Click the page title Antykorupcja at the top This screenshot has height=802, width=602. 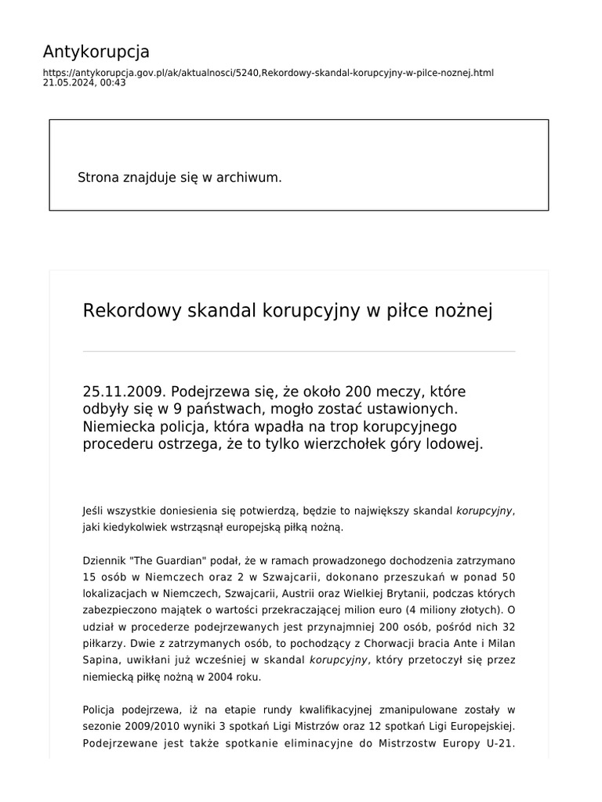[96, 52]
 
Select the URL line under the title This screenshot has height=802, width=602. [268, 73]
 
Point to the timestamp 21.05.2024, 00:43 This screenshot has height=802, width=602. [84, 82]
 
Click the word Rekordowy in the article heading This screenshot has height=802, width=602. [132, 311]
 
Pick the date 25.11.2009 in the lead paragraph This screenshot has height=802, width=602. [123, 391]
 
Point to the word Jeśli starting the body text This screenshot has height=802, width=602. [93, 511]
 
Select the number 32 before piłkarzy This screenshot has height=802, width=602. [507, 627]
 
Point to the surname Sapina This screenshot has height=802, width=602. [100, 660]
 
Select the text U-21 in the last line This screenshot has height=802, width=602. [499, 743]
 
